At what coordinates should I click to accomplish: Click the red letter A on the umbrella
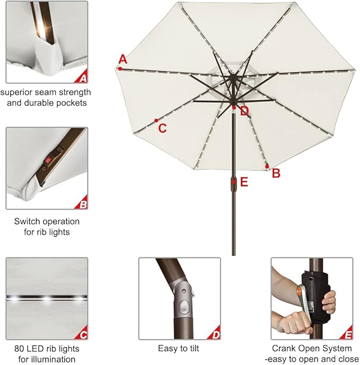123,59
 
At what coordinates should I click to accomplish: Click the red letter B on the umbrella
276,173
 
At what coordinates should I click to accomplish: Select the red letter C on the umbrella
163,128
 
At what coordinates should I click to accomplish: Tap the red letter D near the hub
244,111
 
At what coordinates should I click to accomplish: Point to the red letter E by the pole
244,182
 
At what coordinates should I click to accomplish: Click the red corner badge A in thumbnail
82,78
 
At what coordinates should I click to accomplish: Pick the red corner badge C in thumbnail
83,334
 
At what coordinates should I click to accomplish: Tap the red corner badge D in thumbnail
215,334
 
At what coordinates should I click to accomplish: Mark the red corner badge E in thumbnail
348,334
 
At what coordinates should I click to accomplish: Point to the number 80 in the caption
20,349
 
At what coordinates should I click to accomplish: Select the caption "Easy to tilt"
179,349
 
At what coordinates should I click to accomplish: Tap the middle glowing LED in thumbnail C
47,299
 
